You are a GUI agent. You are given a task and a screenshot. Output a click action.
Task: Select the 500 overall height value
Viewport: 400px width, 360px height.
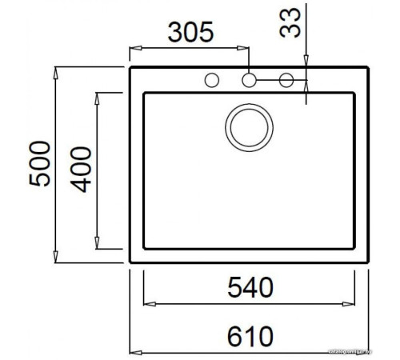[x=40, y=163]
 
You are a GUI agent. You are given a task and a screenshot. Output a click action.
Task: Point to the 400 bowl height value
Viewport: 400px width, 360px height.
[x=81, y=169]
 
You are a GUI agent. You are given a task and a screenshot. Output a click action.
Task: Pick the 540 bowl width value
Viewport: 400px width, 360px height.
[x=249, y=286]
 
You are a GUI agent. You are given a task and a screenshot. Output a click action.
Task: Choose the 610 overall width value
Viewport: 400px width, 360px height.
[x=249, y=334]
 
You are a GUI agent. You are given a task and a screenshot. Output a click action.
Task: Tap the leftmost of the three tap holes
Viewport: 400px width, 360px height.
[x=212, y=80]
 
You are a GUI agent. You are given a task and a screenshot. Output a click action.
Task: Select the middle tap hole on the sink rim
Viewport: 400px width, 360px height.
[x=249, y=80]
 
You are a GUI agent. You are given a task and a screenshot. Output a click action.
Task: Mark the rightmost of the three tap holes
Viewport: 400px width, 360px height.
[x=286, y=80]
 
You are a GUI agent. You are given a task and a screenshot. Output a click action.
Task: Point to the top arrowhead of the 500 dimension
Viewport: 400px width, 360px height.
[x=55, y=71]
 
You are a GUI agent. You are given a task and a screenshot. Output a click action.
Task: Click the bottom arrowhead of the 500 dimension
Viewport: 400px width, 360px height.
[x=55, y=258]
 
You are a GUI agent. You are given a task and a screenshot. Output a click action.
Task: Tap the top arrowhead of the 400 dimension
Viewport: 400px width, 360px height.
[x=98, y=98]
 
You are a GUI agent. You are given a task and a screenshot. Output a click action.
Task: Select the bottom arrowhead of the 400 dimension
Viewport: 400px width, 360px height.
[x=98, y=242]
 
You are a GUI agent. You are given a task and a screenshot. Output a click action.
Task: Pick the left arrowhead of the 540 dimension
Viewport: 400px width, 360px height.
[x=146, y=303]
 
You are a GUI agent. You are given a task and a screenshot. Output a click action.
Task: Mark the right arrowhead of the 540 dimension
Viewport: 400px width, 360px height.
[x=352, y=303]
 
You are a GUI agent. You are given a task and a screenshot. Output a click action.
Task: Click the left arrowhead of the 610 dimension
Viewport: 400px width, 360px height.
[x=134, y=352]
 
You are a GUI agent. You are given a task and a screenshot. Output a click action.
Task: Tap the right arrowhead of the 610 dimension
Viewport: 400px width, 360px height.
[x=364, y=352]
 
